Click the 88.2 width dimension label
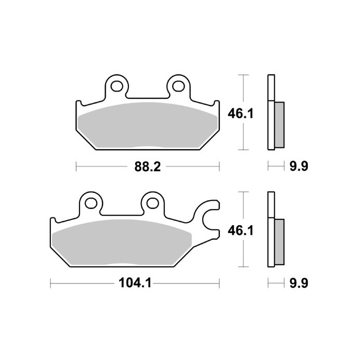(148, 167)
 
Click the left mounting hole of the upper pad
(116, 84)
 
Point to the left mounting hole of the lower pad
(90, 201)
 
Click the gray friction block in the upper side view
(279, 125)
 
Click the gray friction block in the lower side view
(279, 242)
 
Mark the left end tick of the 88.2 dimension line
(76, 167)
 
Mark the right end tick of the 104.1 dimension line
(219, 283)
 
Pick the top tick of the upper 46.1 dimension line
(242, 75)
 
